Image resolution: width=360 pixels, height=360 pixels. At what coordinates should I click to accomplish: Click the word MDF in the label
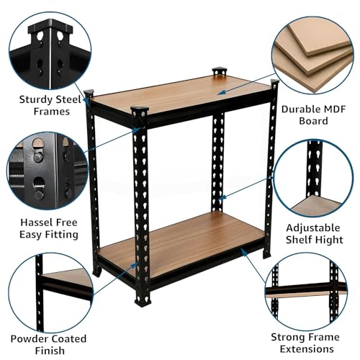(332, 109)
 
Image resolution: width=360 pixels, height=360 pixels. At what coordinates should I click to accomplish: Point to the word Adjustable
(313, 228)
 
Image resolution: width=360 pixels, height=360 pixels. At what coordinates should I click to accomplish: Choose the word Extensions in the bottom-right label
(307, 348)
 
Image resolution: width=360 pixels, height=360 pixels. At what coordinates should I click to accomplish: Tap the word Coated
(69, 338)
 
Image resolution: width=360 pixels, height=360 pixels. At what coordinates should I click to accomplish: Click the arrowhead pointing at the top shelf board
(222, 92)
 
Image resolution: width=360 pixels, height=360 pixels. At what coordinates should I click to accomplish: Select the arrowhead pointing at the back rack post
(222, 197)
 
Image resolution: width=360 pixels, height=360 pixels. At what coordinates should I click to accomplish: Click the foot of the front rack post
(143, 301)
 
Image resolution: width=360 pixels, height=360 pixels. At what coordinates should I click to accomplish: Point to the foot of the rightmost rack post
(266, 253)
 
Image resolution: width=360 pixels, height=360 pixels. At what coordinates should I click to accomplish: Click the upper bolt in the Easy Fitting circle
(37, 157)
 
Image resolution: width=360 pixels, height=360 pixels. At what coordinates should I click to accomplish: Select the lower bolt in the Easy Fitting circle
(39, 195)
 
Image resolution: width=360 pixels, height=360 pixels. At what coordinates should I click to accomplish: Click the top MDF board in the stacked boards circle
(318, 38)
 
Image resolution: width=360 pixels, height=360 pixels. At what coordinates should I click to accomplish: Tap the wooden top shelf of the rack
(181, 95)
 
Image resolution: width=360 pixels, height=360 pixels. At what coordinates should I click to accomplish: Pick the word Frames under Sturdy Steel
(52, 112)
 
